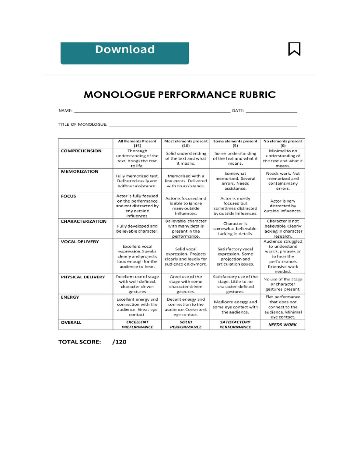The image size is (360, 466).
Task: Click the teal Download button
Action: [124, 53]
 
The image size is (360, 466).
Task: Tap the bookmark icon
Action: [294, 49]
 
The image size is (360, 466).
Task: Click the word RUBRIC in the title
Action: [257, 95]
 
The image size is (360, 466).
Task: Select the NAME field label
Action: [65, 111]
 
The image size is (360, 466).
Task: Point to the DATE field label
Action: [238, 111]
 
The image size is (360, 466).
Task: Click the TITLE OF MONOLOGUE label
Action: [83, 124]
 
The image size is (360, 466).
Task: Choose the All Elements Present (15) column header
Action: [137, 143]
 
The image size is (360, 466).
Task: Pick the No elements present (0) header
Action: [283, 143]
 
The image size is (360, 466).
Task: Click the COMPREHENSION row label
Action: [81, 151]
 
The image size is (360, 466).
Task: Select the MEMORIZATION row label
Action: [79, 172]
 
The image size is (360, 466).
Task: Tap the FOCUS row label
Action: [68, 196]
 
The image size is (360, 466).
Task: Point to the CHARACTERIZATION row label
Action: [84, 221]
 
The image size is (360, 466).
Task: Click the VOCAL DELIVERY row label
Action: [80, 242]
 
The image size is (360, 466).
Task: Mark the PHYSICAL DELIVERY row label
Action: [83, 277]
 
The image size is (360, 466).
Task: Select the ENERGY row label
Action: [70, 297]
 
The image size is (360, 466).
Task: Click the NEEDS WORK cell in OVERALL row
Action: [283, 325]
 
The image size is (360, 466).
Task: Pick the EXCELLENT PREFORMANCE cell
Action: [137, 325]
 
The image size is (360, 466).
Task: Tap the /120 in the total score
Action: [119, 342]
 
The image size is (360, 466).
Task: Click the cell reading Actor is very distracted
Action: [283, 206]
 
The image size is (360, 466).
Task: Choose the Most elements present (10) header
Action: [186, 143]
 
